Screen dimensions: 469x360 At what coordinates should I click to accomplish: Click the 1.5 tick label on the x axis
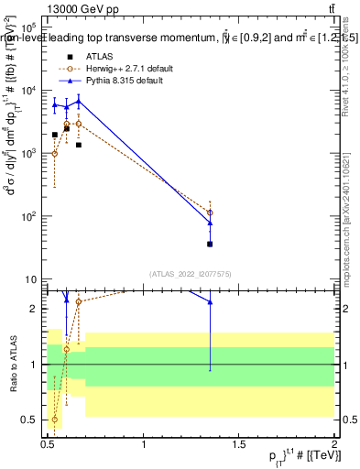(239, 444)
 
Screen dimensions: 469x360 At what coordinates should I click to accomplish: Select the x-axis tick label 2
(334, 444)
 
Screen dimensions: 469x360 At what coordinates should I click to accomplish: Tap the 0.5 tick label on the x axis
(48, 444)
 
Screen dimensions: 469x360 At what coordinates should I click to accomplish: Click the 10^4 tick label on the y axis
(28, 90)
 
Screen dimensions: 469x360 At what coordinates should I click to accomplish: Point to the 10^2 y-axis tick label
(28, 216)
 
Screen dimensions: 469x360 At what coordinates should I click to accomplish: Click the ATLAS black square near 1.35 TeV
(210, 244)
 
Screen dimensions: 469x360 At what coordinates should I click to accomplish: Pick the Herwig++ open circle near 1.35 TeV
(210, 213)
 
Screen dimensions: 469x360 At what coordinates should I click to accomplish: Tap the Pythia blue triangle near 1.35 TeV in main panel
(210, 223)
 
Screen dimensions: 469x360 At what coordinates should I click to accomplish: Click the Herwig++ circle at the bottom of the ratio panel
(55, 420)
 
